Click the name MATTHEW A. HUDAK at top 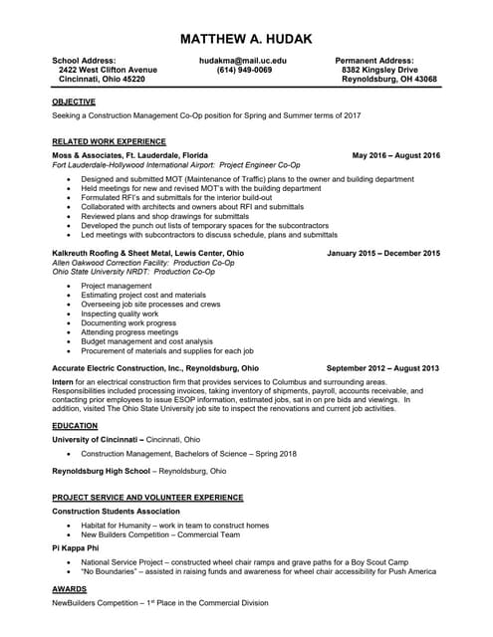(x=246, y=39)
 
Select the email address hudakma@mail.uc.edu (x=243, y=61)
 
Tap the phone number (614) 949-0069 (x=243, y=70)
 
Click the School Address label (x=84, y=61)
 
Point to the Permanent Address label (x=374, y=61)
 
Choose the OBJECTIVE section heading (x=74, y=102)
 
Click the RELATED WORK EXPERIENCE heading (x=109, y=141)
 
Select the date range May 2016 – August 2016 (x=395, y=156)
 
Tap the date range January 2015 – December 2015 (x=382, y=254)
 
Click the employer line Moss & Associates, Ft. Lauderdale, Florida (x=129, y=156)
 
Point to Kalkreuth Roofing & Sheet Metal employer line (x=147, y=254)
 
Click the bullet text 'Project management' (x=117, y=286)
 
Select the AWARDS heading (x=69, y=588)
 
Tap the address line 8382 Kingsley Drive (x=379, y=70)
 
